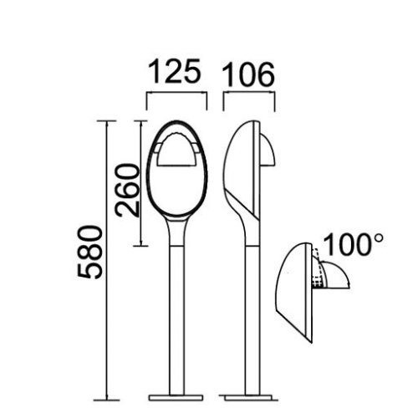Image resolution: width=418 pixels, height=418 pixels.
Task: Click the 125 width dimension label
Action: point(176,74)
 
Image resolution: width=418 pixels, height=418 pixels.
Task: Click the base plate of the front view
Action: point(176,395)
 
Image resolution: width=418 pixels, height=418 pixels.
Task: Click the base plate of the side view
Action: point(248,395)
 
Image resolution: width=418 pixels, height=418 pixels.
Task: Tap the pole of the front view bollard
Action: point(176,318)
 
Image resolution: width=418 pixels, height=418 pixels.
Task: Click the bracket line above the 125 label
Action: point(176,94)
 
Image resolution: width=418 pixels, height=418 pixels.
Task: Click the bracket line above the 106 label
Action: point(248,94)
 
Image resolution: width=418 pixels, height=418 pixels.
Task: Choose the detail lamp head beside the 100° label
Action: point(296,293)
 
